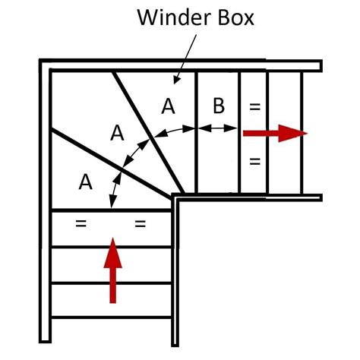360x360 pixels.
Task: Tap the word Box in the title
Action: click(x=235, y=17)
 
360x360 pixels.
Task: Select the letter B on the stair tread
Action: click(x=219, y=106)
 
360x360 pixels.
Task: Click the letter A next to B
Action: click(x=168, y=106)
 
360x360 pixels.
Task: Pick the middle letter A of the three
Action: click(x=117, y=133)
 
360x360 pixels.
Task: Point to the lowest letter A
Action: click(x=86, y=182)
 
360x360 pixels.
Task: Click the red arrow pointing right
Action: click(x=275, y=133)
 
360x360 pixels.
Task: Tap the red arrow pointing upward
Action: click(x=113, y=270)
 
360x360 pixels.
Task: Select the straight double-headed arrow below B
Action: click(x=217, y=128)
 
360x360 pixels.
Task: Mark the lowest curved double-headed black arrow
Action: click(x=115, y=188)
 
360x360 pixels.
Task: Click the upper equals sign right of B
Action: click(x=254, y=106)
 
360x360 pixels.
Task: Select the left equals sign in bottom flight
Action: click(x=81, y=223)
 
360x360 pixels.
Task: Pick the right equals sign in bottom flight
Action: click(x=141, y=223)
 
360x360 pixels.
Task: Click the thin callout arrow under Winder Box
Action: click(x=185, y=59)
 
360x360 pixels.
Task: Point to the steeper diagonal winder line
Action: click(x=148, y=133)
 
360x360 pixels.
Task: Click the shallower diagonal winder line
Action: click(x=112, y=164)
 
